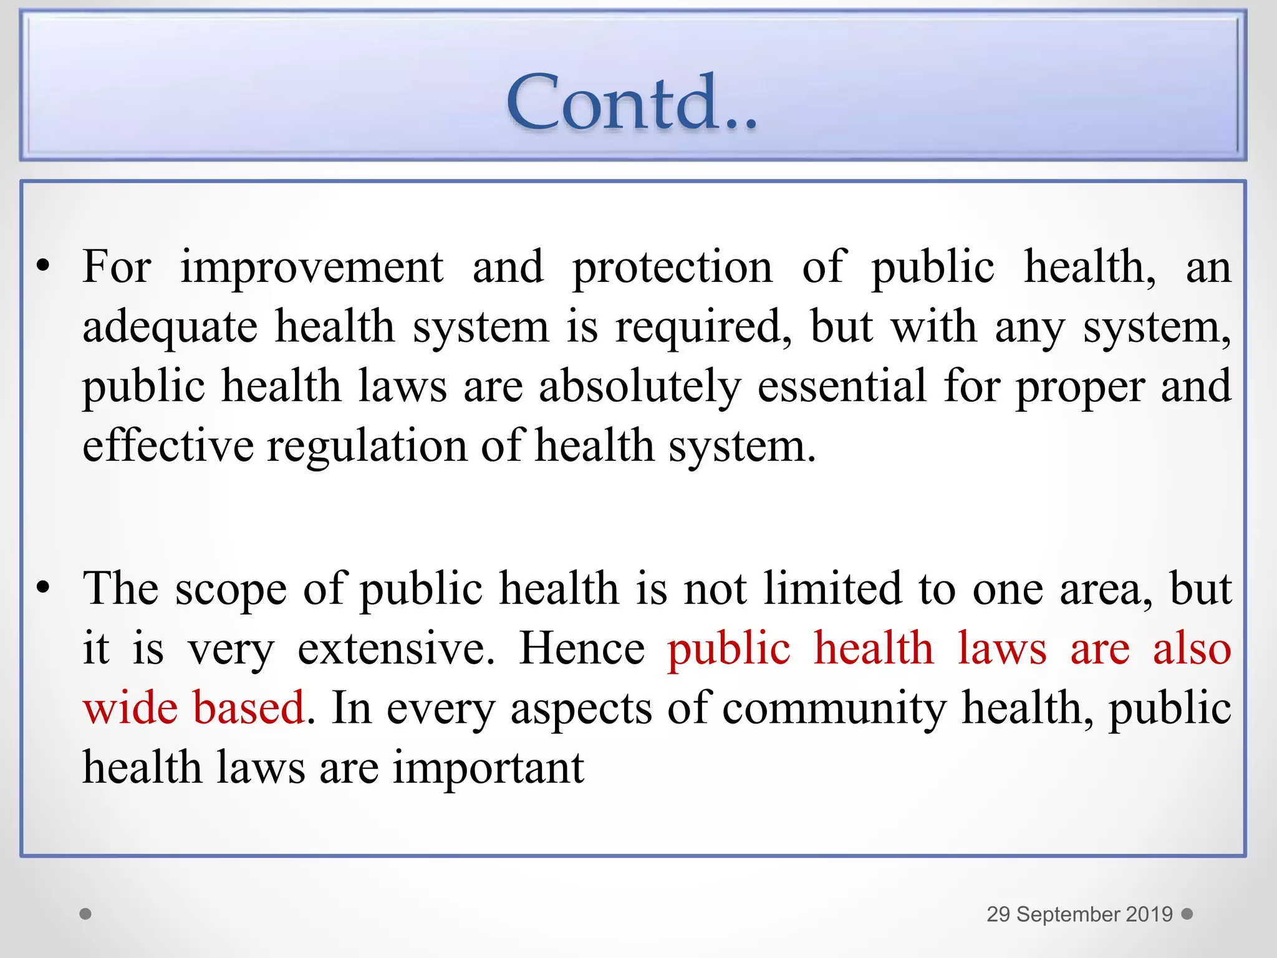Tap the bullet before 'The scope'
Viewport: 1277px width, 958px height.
pyautogui.click(x=42, y=588)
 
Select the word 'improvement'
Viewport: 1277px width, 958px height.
pyautogui.click(x=312, y=267)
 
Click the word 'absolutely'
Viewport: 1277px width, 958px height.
pyautogui.click(x=640, y=387)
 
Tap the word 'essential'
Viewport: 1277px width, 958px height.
pyautogui.click(x=842, y=385)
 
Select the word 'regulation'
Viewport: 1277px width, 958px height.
pyautogui.click(x=367, y=447)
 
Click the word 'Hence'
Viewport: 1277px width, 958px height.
pyautogui.click(x=582, y=649)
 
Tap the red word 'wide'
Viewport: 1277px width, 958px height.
pyautogui.click(x=130, y=708)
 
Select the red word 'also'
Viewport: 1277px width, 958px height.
pyautogui.click(x=1192, y=649)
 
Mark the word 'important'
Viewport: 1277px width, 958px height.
pyautogui.click(x=488, y=768)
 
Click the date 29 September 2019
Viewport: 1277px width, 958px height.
pyautogui.click(x=1079, y=914)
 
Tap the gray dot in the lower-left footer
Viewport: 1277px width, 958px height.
pyautogui.click(x=86, y=914)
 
